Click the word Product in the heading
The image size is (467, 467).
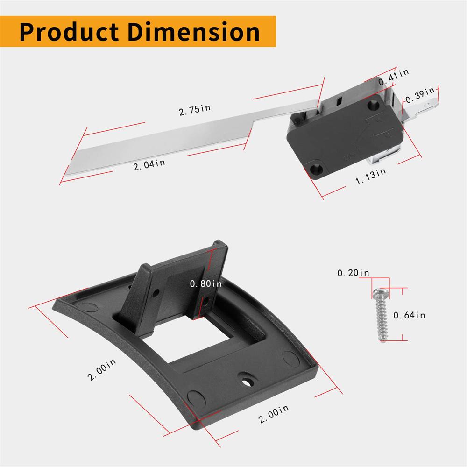71,32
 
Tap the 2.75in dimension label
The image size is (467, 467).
194,109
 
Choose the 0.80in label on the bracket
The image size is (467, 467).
205,283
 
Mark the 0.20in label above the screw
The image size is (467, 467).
353,273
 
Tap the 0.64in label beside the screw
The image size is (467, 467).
409,315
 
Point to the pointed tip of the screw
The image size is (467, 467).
382,340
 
